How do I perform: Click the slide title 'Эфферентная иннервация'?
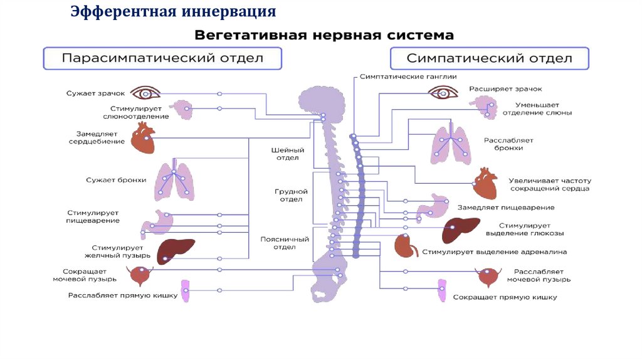pyautogui.click(x=173, y=12)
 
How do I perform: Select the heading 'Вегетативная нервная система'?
pyautogui.click(x=324, y=34)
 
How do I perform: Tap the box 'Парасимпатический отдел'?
pyautogui.click(x=162, y=58)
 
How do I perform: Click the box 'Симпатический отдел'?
pyautogui.click(x=489, y=58)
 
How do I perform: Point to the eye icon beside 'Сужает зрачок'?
pyautogui.click(x=145, y=93)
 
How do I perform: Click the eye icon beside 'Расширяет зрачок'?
pyautogui.click(x=445, y=93)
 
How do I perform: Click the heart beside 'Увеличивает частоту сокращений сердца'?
pyautogui.click(x=485, y=184)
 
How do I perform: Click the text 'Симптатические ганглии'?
pyautogui.click(x=408, y=76)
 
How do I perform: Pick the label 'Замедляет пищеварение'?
pyautogui.click(x=505, y=208)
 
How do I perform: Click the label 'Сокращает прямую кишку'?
pyautogui.click(x=505, y=297)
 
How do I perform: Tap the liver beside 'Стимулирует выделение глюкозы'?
pyautogui.click(x=461, y=230)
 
